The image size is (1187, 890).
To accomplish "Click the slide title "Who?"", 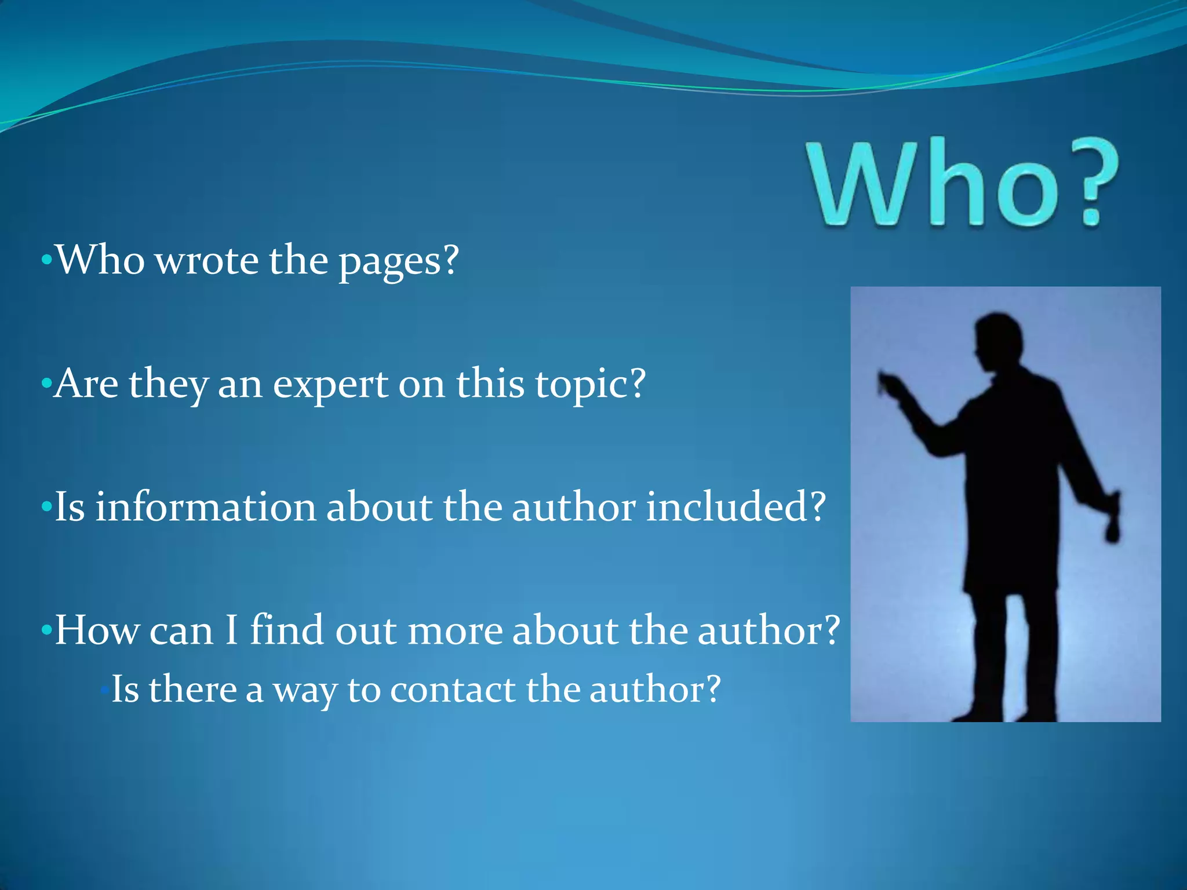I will pos(962,183).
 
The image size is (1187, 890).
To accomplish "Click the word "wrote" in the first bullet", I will pos(207,260).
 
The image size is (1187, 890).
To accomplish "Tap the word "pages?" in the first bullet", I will pos(399,262).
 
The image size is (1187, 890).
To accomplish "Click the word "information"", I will pos(205,506).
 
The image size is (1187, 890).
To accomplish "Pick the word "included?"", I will pos(735,506).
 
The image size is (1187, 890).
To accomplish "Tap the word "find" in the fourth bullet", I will pos(286,630).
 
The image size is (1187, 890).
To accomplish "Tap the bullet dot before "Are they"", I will pos(46,384).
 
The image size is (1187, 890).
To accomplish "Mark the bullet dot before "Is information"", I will pos(46,508).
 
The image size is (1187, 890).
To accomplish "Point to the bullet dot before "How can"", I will pos(46,631).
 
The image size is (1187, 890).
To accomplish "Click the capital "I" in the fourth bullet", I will pos(231,630).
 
